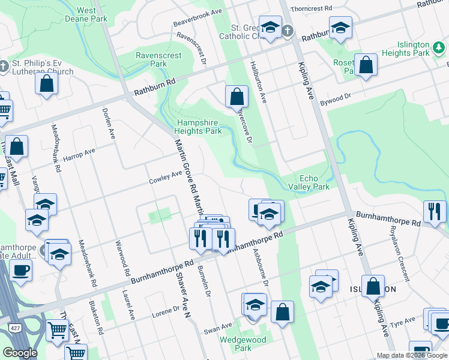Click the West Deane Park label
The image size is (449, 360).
tap(91, 14)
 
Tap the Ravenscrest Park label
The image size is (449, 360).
tap(158, 59)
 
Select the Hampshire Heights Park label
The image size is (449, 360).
tap(198, 127)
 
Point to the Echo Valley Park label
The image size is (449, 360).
tap(315, 182)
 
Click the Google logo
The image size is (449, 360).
tap(20, 353)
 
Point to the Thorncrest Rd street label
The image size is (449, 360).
tap(311, 10)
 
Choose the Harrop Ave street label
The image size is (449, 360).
tap(80, 156)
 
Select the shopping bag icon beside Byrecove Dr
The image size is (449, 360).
tap(237, 96)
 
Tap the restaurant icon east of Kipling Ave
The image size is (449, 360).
tap(434, 211)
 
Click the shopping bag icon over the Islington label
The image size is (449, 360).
tap(373, 286)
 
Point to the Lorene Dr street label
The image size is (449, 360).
tap(166, 312)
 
